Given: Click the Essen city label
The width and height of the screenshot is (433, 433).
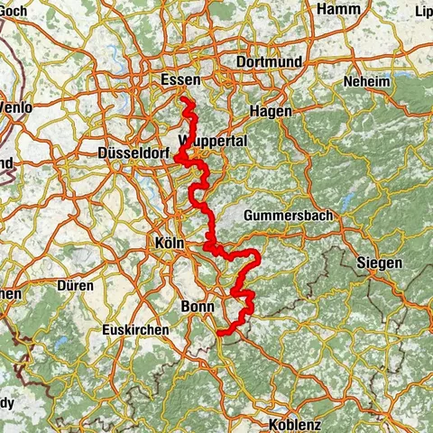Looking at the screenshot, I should point(179,80).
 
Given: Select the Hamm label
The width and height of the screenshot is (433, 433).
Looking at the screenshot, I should point(338,8).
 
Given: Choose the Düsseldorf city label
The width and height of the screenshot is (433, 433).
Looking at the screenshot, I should point(134,153).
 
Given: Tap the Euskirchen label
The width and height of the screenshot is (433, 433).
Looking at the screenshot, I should point(135,330).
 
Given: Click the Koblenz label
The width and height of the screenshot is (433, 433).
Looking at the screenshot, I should point(294,424).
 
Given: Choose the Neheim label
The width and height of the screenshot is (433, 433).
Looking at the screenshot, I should point(364,82).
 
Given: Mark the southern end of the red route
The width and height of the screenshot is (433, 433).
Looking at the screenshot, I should point(220,333).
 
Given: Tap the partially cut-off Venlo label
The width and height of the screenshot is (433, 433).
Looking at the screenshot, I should point(15,108).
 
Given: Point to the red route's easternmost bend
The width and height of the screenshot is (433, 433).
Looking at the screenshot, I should point(258,260).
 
